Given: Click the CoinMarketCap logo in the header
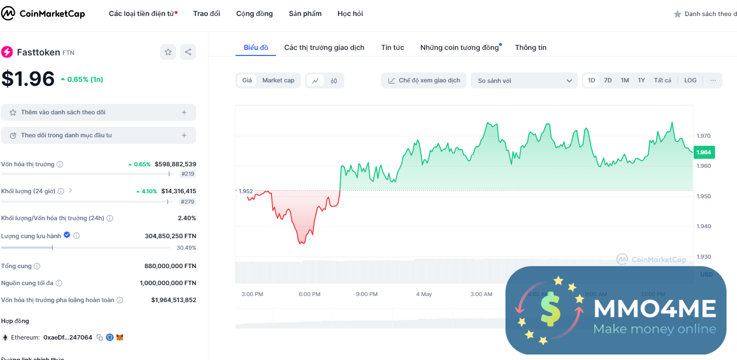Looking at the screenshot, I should click(43, 13).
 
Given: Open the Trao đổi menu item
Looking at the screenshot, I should click(207, 13).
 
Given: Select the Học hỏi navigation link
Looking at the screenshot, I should click(350, 13).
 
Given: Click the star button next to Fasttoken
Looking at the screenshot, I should click(168, 52).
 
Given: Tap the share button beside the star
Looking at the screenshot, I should click(188, 52).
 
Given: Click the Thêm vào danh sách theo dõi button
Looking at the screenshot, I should click(98, 112).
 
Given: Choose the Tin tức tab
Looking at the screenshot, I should click(393, 47).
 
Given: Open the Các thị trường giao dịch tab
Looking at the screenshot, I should click(324, 47).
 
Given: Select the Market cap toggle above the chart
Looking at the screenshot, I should click(278, 80).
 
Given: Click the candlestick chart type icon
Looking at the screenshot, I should click(334, 80).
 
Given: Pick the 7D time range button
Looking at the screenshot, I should click(608, 80).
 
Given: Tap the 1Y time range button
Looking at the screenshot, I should click(641, 80).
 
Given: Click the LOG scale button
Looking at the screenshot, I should click(690, 80).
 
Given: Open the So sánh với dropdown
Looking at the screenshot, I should click(524, 80).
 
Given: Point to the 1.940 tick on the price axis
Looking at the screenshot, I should click(704, 226).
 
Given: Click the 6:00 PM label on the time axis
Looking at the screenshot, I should click(309, 294).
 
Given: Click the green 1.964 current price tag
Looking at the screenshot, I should click(704, 152).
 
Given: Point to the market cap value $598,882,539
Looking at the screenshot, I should click(175, 164).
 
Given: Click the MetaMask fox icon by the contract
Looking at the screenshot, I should click(120, 338).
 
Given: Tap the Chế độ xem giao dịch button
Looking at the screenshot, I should click(424, 80).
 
